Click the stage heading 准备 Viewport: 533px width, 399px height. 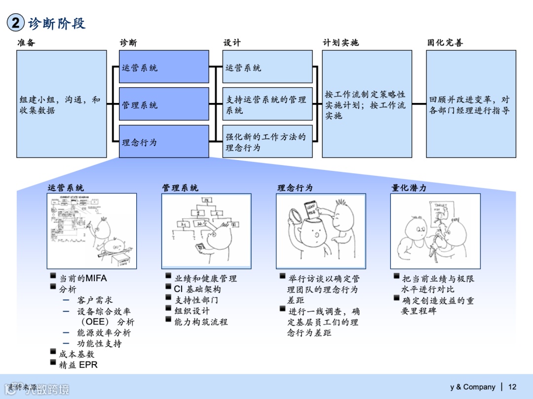click(x=26, y=43)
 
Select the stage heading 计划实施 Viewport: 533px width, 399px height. click(x=341, y=43)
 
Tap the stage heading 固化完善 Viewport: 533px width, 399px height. click(x=445, y=43)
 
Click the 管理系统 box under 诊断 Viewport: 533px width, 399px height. click(x=164, y=104)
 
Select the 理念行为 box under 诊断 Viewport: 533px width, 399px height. click(x=164, y=142)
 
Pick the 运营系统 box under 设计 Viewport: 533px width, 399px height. click(x=267, y=66)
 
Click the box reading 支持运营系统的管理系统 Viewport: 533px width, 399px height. click(x=267, y=104)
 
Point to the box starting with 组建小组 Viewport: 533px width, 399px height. click(x=62, y=104)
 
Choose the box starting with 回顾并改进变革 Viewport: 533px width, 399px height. click(x=471, y=104)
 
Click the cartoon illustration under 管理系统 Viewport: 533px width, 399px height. click(x=206, y=231)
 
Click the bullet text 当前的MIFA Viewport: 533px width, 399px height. click(x=83, y=278)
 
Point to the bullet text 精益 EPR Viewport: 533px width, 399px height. click(x=78, y=365)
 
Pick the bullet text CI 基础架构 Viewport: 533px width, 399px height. click(x=197, y=289)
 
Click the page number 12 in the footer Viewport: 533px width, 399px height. click(x=512, y=387)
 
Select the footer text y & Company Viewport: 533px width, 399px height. click(x=472, y=387)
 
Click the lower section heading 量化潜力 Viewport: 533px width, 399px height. click(x=409, y=188)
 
